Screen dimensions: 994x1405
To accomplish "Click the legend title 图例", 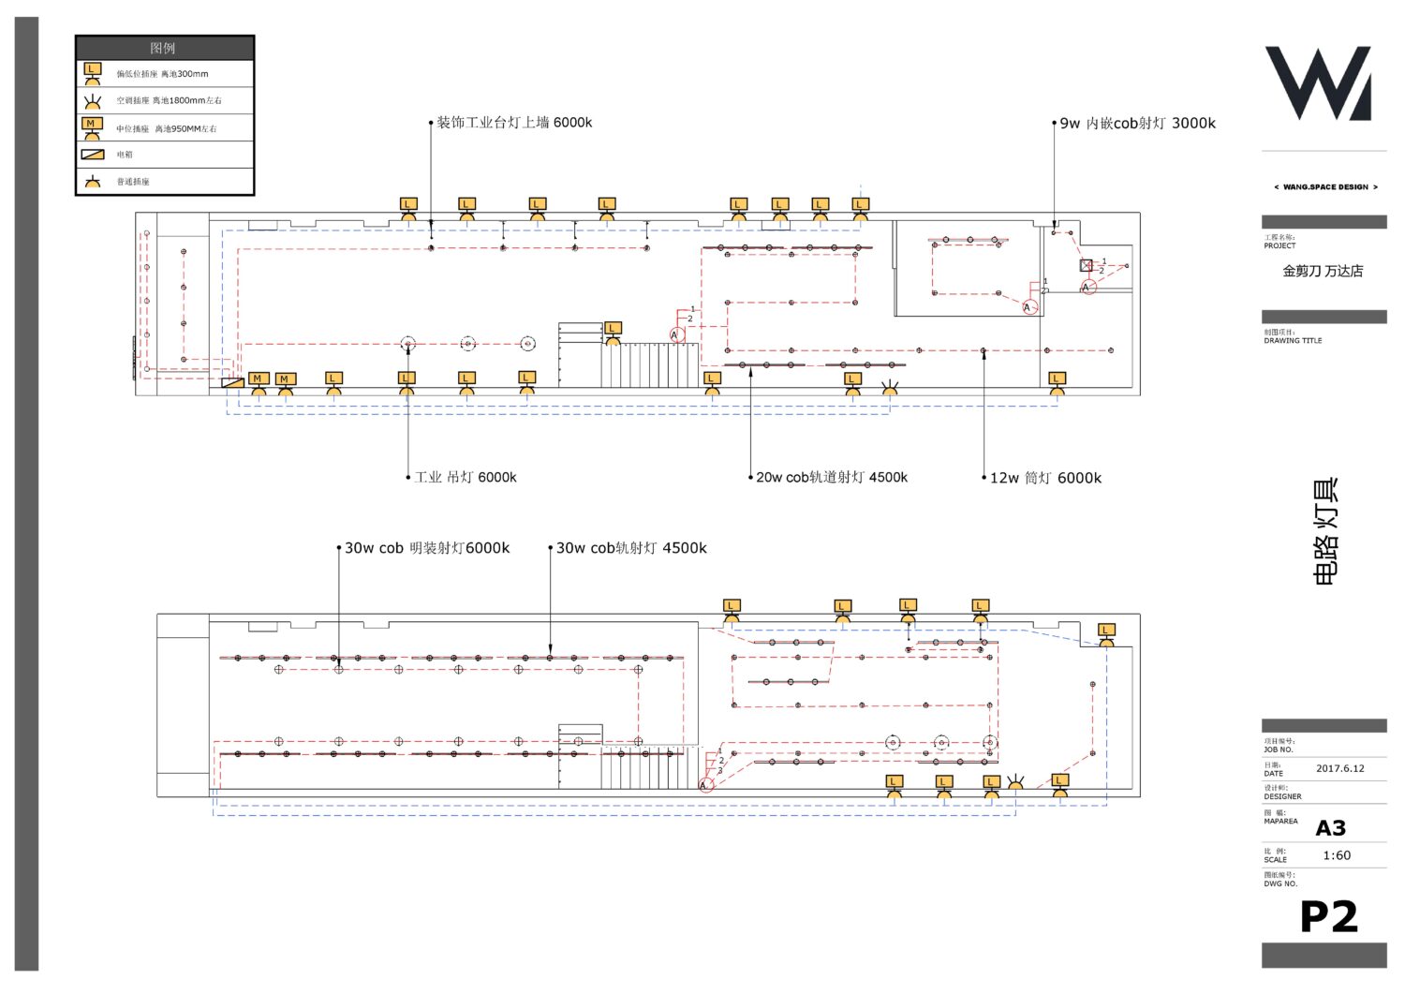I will [163, 48].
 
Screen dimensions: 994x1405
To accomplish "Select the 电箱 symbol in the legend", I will [93, 155].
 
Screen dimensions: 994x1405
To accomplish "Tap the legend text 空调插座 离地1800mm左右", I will [169, 100].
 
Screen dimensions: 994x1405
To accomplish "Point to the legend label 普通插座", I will [133, 182].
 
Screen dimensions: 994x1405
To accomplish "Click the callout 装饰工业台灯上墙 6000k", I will [514, 123].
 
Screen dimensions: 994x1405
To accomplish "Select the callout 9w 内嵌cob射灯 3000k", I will [1137, 123].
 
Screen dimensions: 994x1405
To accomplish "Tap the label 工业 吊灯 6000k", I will [466, 477].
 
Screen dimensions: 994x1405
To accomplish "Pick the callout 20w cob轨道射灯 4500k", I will [832, 477].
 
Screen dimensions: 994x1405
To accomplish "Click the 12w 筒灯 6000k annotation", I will [1045, 478].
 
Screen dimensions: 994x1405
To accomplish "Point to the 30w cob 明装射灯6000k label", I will [427, 548].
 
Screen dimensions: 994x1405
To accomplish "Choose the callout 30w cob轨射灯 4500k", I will [631, 548].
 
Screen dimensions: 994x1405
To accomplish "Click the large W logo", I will [1319, 83].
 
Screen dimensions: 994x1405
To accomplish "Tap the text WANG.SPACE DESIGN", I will [1325, 187].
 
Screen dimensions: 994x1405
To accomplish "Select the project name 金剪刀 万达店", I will [1323, 271].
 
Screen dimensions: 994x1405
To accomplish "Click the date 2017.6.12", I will [1339, 768].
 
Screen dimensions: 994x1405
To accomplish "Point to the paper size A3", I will [1330, 828].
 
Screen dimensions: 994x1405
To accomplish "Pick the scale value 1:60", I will [1337, 855].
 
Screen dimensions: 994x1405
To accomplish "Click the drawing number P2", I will [1328, 917].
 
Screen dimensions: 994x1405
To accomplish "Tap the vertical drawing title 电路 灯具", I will [1326, 532].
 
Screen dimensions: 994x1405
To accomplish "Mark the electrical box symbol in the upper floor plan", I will [232, 382].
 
